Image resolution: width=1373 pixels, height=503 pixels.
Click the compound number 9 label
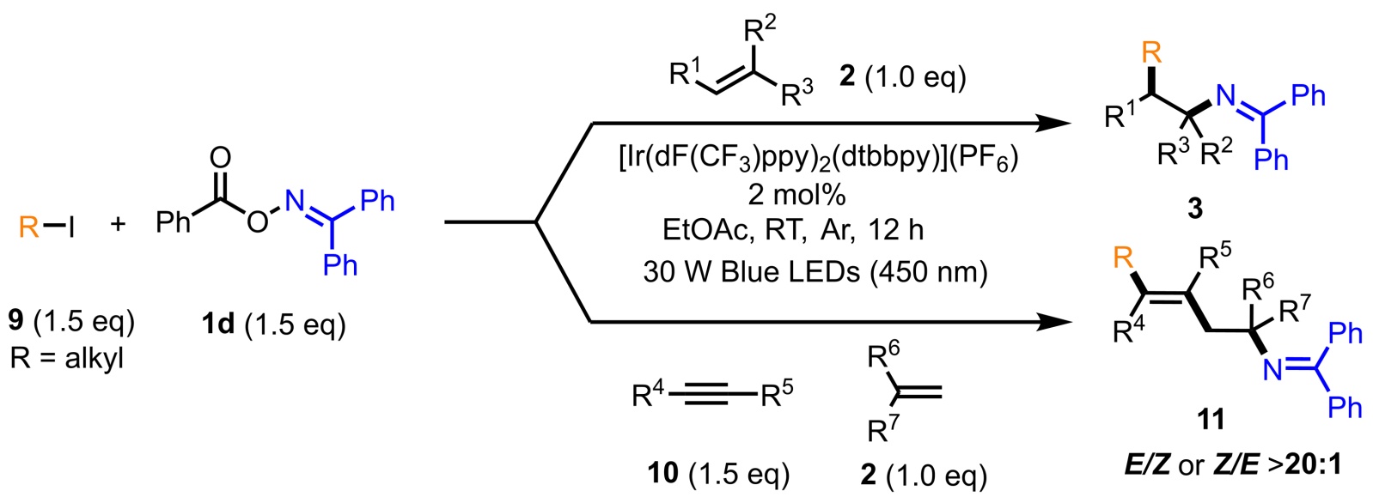click(16, 322)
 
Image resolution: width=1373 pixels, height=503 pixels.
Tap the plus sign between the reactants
click(118, 225)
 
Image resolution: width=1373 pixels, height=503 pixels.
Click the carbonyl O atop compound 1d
click(221, 157)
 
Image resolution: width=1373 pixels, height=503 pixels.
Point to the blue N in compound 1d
click(295, 202)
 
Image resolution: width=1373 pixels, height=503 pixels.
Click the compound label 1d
click(217, 324)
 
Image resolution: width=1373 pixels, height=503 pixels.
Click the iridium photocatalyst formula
click(817, 160)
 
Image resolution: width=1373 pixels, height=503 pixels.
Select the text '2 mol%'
click(796, 195)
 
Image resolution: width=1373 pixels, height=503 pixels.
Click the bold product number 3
click(1194, 208)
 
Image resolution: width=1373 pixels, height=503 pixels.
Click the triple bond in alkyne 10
click(713, 396)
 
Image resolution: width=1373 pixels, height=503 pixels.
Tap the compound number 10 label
click(664, 472)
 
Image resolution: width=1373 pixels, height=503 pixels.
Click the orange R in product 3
click(1150, 53)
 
